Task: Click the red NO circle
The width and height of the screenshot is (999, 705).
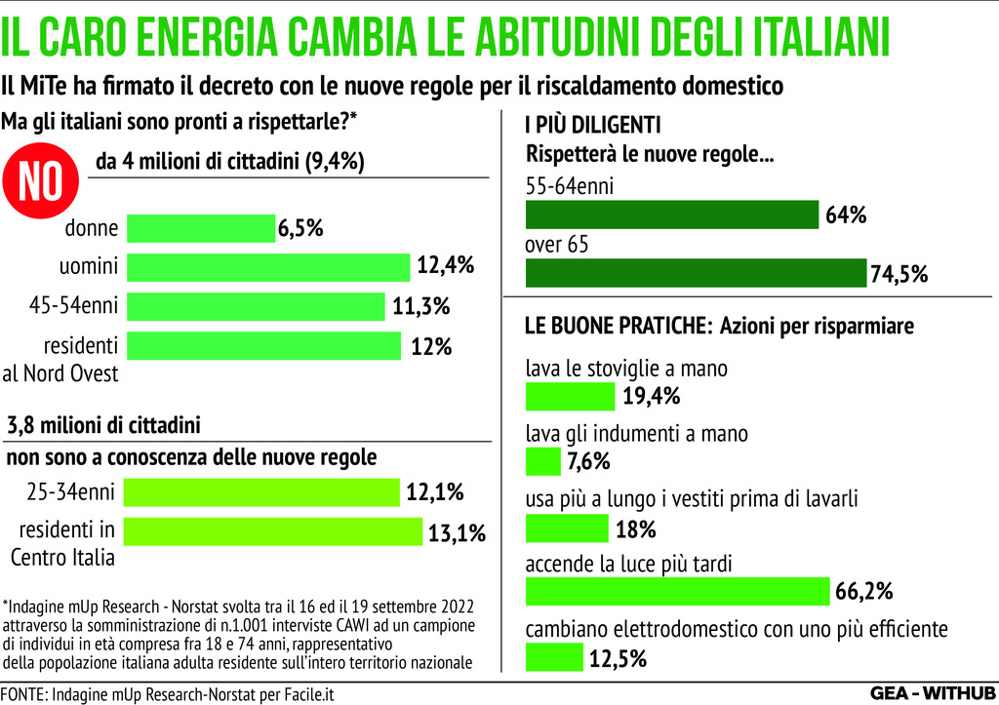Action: (41, 181)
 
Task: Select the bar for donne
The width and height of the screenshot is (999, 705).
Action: (201, 228)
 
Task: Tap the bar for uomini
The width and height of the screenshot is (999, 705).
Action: (268, 267)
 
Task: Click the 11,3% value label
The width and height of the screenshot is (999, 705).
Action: (420, 306)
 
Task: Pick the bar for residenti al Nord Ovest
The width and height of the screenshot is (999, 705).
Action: (264, 345)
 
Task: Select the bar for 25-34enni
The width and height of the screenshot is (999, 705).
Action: (261, 492)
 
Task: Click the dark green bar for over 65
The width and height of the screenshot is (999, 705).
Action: (696, 273)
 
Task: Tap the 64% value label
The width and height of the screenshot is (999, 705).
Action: (846, 215)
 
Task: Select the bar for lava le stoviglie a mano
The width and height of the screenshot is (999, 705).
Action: (570, 396)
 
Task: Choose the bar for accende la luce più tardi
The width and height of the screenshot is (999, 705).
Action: (677, 591)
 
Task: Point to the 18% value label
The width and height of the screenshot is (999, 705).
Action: (635, 529)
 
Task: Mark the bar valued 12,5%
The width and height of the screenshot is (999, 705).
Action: (554, 658)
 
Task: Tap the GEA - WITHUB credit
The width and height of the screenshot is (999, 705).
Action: (932, 693)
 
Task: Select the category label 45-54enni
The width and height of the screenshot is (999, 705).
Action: (74, 306)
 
